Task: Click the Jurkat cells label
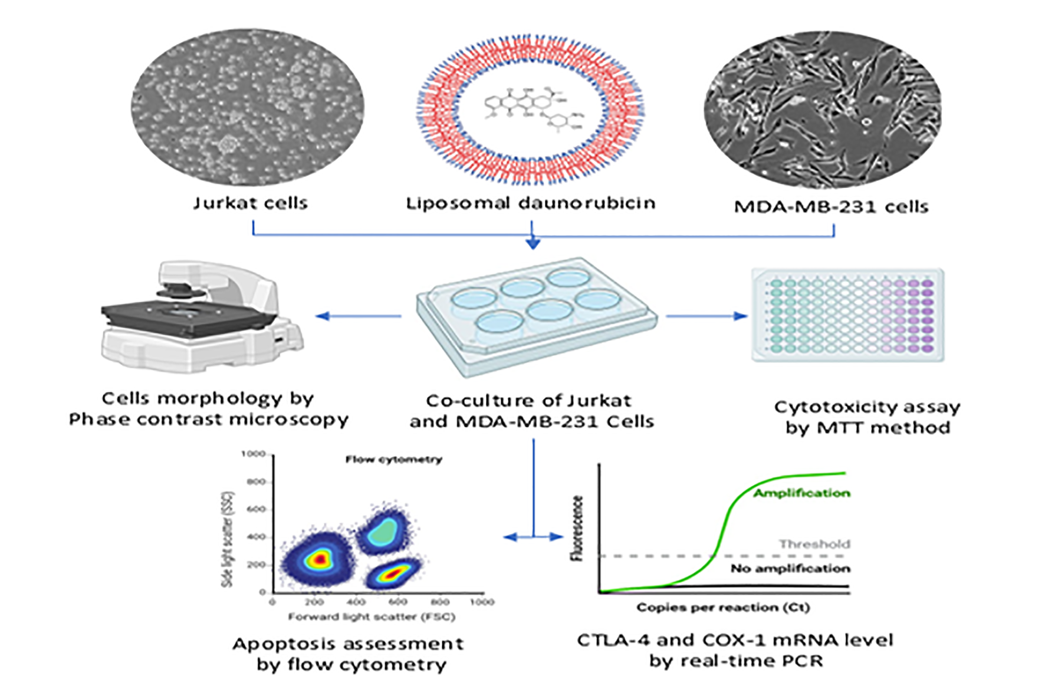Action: click(251, 203)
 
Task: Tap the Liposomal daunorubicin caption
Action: click(530, 203)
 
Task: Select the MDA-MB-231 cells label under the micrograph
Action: click(831, 207)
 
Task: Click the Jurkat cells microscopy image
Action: click(247, 106)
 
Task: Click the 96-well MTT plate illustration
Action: click(848, 315)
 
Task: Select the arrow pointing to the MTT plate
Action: click(707, 316)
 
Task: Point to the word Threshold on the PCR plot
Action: click(814, 544)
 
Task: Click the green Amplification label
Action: click(801, 493)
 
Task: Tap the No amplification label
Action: click(790, 569)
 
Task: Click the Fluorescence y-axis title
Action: click(577, 527)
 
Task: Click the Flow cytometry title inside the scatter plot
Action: click(393, 460)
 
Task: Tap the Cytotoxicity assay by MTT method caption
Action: click(867, 417)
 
